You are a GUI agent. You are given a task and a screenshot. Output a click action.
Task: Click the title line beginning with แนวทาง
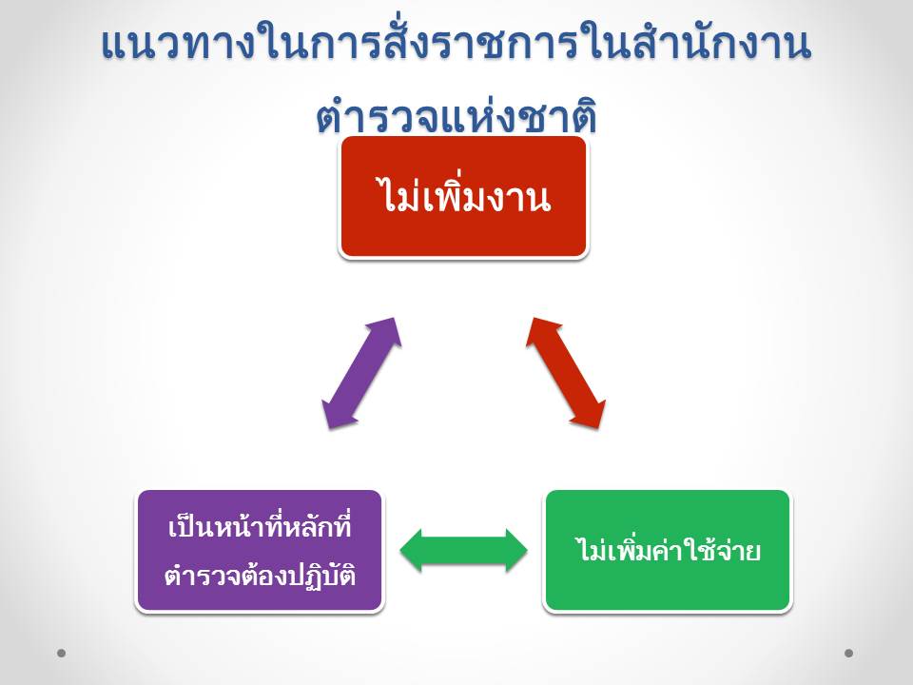coord(456,46)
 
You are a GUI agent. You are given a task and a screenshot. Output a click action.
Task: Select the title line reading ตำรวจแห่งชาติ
coord(456,116)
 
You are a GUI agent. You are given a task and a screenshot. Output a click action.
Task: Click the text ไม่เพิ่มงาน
coord(463,199)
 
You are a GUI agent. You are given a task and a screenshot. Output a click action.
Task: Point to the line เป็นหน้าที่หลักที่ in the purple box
coord(260,526)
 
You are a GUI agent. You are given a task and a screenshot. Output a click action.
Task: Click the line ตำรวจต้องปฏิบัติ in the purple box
coord(260,575)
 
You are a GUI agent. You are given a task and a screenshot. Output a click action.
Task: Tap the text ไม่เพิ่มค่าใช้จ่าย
coord(668,551)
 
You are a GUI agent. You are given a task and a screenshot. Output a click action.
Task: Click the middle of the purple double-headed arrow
coord(359,372)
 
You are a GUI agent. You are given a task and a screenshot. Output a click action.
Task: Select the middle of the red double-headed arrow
coord(567,372)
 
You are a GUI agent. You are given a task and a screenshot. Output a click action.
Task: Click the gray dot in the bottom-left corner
coord(62,653)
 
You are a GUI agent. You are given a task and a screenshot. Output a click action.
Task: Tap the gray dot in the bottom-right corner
coord(849,653)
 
